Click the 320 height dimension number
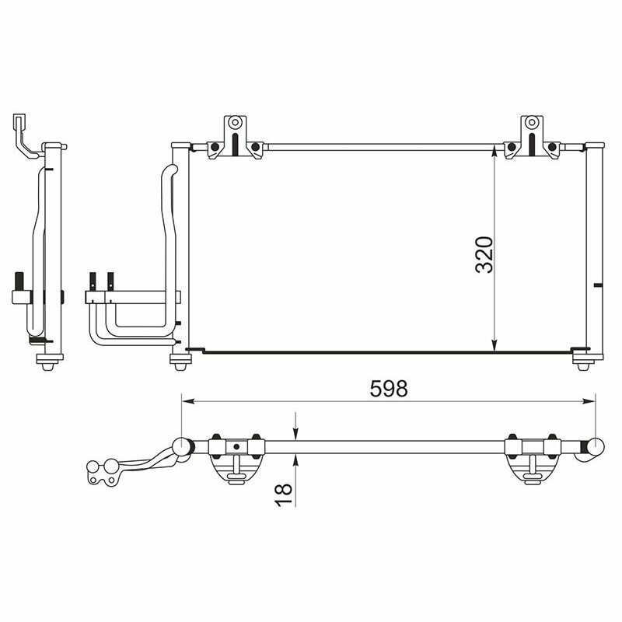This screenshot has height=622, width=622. pyautogui.click(x=484, y=255)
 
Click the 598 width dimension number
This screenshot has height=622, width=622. pyautogui.click(x=388, y=389)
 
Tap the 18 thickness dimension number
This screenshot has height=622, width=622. pyautogui.click(x=284, y=494)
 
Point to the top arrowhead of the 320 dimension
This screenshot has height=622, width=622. pyautogui.click(x=494, y=151)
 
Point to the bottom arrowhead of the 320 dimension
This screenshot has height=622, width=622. pyautogui.click(x=494, y=345)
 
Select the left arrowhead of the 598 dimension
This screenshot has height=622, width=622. pyautogui.click(x=187, y=401)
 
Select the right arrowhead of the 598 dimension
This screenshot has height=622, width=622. pyautogui.click(x=589, y=401)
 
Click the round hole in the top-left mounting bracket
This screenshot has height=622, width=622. pyautogui.click(x=236, y=122)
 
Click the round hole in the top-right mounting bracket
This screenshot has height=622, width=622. pyautogui.click(x=532, y=122)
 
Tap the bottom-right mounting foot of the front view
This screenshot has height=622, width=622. pyautogui.click(x=582, y=361)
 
